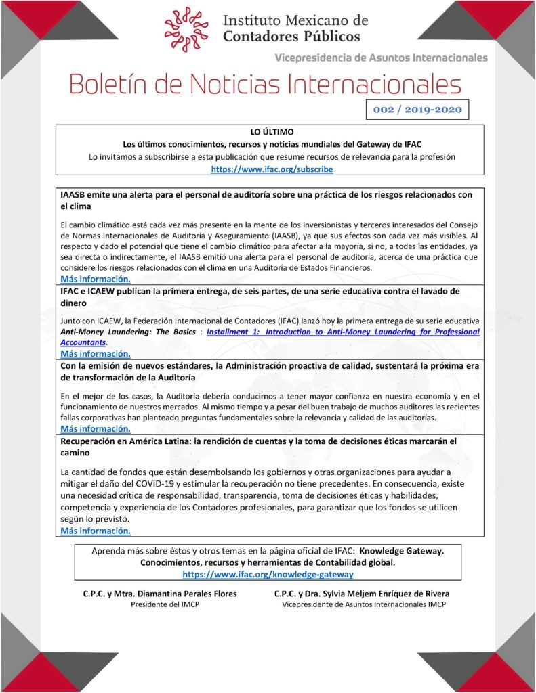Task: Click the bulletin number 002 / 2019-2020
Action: pos(417,109)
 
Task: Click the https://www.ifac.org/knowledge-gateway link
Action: pos(268,574)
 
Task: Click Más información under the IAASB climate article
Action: pos(95,279)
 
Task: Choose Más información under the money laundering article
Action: pos(95,353)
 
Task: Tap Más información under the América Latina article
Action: pos(95,531)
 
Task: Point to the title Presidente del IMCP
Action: pos(165,604)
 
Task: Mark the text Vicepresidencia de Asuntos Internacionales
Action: pos(381,58)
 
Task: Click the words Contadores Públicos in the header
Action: pos(291,37)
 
